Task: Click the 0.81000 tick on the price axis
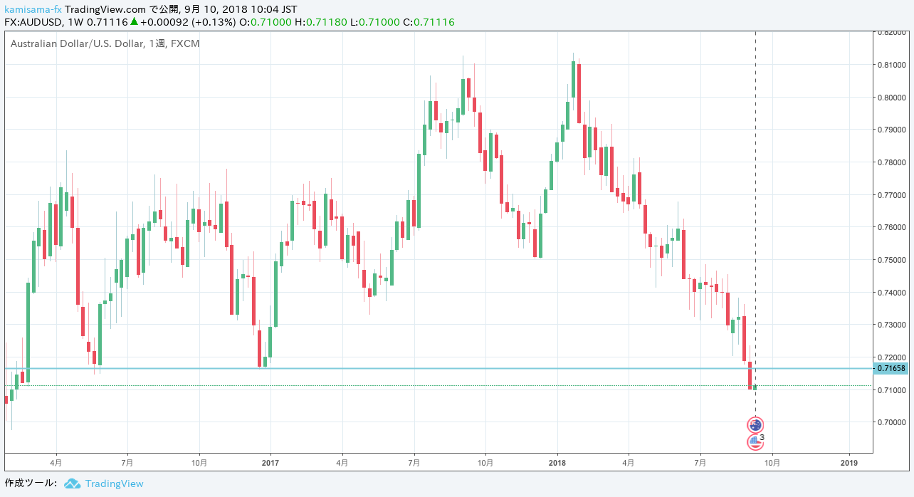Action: (893, 65)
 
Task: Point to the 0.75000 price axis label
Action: (893, 260)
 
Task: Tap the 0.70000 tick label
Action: (893, 422)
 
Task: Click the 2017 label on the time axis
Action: (270, 462)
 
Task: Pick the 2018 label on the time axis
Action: (557, 462)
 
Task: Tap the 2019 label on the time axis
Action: (849, 462)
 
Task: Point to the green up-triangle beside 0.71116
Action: (133, 22)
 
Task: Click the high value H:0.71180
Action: (326, 22)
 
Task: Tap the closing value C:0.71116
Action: (429, 22)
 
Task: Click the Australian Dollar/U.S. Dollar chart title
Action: (74, 43)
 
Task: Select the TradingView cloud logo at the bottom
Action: (72, 483)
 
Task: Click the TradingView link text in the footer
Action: (114, 483)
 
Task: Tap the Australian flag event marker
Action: (755, 425)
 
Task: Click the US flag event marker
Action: (755, 442)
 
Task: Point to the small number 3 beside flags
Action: (762, 438)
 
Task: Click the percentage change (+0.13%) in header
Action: (212, 22)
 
